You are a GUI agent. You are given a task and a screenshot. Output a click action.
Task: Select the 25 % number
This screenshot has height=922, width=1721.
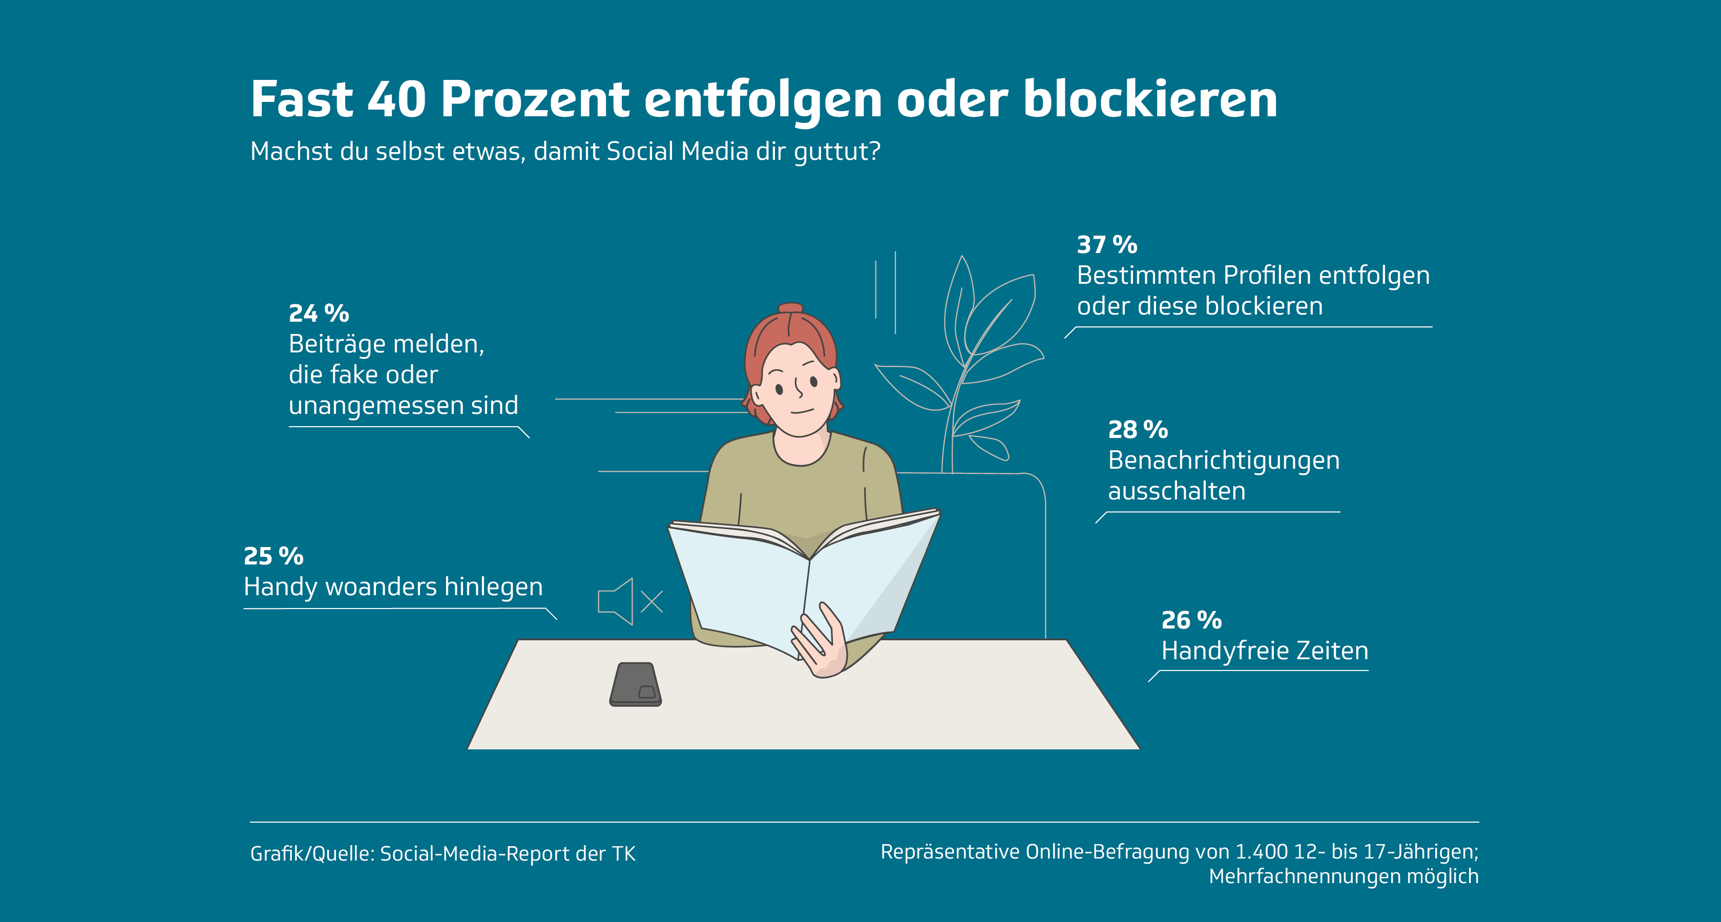pyautogui.click(x=273, y=555)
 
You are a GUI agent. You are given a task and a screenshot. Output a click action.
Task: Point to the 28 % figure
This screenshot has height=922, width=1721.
pyautogui.click(x=1138, y=430)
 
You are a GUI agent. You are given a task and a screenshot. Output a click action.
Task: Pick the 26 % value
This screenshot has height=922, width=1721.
pyautogui.click(x=1191, y=620)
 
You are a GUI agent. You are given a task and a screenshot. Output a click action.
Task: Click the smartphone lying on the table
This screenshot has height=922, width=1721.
pyautogui.click(x=635, y=684)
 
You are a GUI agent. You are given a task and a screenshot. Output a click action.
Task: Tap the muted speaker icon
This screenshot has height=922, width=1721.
pyautogui.click(x=630, y=601)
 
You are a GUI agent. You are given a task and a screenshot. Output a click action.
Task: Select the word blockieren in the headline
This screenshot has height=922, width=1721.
pyautogui.click(x=1150, y=99)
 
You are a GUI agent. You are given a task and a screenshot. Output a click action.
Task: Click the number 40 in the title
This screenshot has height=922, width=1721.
pyautogui.click(x=397, y=99)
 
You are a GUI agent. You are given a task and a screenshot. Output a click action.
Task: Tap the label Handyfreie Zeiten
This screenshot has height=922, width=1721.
pyautogui.click(x=1265, y=651)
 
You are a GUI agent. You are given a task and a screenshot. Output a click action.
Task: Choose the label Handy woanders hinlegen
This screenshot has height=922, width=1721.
pyautogui.click(x=393, y=586)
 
